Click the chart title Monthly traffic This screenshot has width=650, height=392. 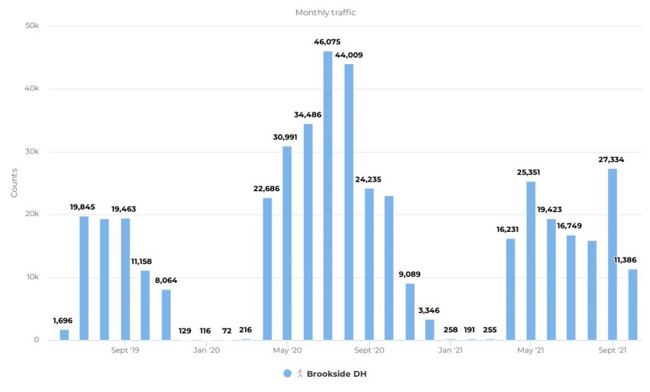point(325,13)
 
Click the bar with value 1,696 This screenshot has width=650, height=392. point(64,335)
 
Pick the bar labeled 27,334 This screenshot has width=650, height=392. point(612,254)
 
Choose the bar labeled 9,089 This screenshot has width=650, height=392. point(409,311)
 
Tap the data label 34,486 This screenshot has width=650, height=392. point(308,114)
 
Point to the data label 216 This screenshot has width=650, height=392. point(245,330)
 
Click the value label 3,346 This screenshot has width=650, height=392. point(430,310)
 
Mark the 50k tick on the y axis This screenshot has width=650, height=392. point(32,26)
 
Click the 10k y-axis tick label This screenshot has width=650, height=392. point(32,278)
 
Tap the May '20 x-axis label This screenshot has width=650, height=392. point(288,350)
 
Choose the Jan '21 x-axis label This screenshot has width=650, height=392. point(450,350)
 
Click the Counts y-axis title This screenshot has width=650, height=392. point(14,183)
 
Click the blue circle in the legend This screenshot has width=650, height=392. point(288,374)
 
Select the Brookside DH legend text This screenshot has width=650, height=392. point(336,374)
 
